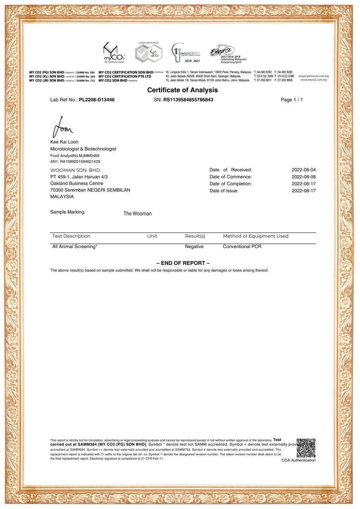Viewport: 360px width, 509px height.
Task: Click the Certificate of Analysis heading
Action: pyautogui.click(x=183, y=90)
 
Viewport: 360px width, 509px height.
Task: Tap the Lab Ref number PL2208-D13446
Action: pyautogui.click(x=97, y=100)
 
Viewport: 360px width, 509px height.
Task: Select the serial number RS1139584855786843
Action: pyautogui.click(x=188, y=100)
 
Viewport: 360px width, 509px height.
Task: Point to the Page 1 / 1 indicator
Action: pyautogui.click(x=292, y=100)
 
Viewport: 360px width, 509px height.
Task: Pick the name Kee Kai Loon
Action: pyautogui.click(x=64, y=142)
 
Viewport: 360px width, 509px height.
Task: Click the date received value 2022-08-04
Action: pyautogui.click(x=304, y=170)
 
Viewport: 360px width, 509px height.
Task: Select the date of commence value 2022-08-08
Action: pyautogui.click(x=304, y=177)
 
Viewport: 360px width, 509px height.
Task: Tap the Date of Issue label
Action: pyautogui.click(x=224, y=191)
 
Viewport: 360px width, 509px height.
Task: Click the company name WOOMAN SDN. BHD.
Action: pyautogui.click(x=76, y=170)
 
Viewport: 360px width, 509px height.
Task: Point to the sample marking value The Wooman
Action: pyautogui.click(x=137, y=214)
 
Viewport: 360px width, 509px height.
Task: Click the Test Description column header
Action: pyautogui.click(x=71, y=236)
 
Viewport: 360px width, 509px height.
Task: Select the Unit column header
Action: pyautogui.click(x=152, y=236)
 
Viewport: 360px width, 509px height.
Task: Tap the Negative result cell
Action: pyautogui.click(x=194, y=247)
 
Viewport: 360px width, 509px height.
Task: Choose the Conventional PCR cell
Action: pyautogui.click(x=242, y=247)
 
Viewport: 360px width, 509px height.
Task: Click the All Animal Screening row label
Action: pyautogui.click(x=75, y=247)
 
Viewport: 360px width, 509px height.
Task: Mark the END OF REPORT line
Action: pyautogui.click(x=183, y=263)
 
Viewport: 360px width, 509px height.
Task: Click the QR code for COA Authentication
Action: pyautogui.click(x=306, y=448)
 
